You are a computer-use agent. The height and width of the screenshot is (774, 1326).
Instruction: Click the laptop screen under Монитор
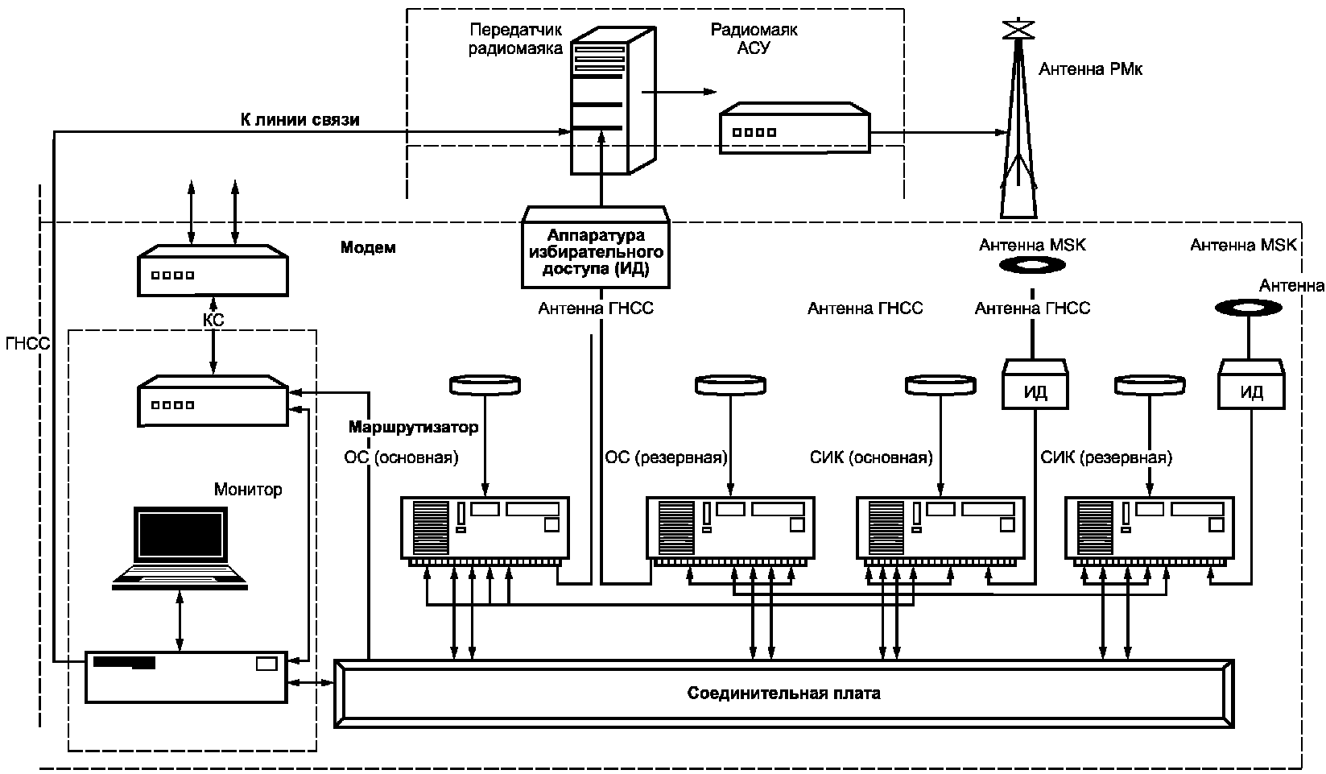180,535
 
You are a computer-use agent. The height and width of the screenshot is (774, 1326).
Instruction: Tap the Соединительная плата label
783,693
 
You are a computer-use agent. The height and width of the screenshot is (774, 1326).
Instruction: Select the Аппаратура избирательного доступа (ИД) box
596,247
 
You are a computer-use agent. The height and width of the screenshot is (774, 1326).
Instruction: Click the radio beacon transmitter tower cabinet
613,100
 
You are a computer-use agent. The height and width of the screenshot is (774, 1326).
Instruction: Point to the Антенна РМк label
1090,69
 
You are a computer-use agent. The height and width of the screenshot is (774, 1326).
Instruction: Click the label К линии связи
299,120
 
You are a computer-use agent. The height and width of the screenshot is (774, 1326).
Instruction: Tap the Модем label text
368,247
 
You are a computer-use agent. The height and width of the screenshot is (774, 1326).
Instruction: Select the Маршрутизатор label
413,427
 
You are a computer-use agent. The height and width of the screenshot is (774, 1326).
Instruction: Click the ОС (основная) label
402,457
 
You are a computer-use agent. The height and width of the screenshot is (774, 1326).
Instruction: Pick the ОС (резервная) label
666,457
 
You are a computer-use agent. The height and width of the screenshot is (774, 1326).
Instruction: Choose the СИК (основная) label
871,457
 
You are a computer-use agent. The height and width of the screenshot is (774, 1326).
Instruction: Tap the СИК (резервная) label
1106,457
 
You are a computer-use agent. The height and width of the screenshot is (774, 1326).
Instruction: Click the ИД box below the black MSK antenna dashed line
1035,384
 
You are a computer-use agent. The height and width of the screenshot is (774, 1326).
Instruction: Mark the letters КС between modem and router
213,321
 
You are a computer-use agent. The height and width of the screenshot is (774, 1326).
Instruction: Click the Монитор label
248,489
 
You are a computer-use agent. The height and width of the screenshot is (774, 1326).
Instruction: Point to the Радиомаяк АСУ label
754,39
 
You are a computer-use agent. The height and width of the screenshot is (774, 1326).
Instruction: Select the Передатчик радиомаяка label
515,39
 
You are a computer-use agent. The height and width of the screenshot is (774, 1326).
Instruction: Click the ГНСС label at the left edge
28,343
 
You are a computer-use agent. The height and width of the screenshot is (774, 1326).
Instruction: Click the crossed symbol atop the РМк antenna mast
1018,29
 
